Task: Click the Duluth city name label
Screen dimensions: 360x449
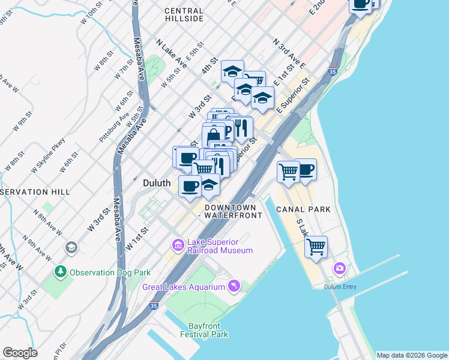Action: (x=158, y=182)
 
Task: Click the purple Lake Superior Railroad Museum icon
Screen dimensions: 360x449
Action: (x=178, y=245)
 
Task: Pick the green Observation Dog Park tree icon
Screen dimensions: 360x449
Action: (x=61, y=272)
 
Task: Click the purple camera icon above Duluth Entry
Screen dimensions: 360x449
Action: (x=340, y=268)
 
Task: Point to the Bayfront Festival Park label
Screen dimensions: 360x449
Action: (x=205, y=329)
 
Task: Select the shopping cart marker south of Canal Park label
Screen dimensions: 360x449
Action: (x=316, y=245)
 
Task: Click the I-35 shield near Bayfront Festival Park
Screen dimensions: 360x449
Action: (x=154, y=305)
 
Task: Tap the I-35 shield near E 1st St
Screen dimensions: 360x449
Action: (x=332, y=71)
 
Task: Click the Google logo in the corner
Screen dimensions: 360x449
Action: (x=20, y=353)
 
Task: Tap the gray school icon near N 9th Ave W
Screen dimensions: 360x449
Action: (x=71, y=247)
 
